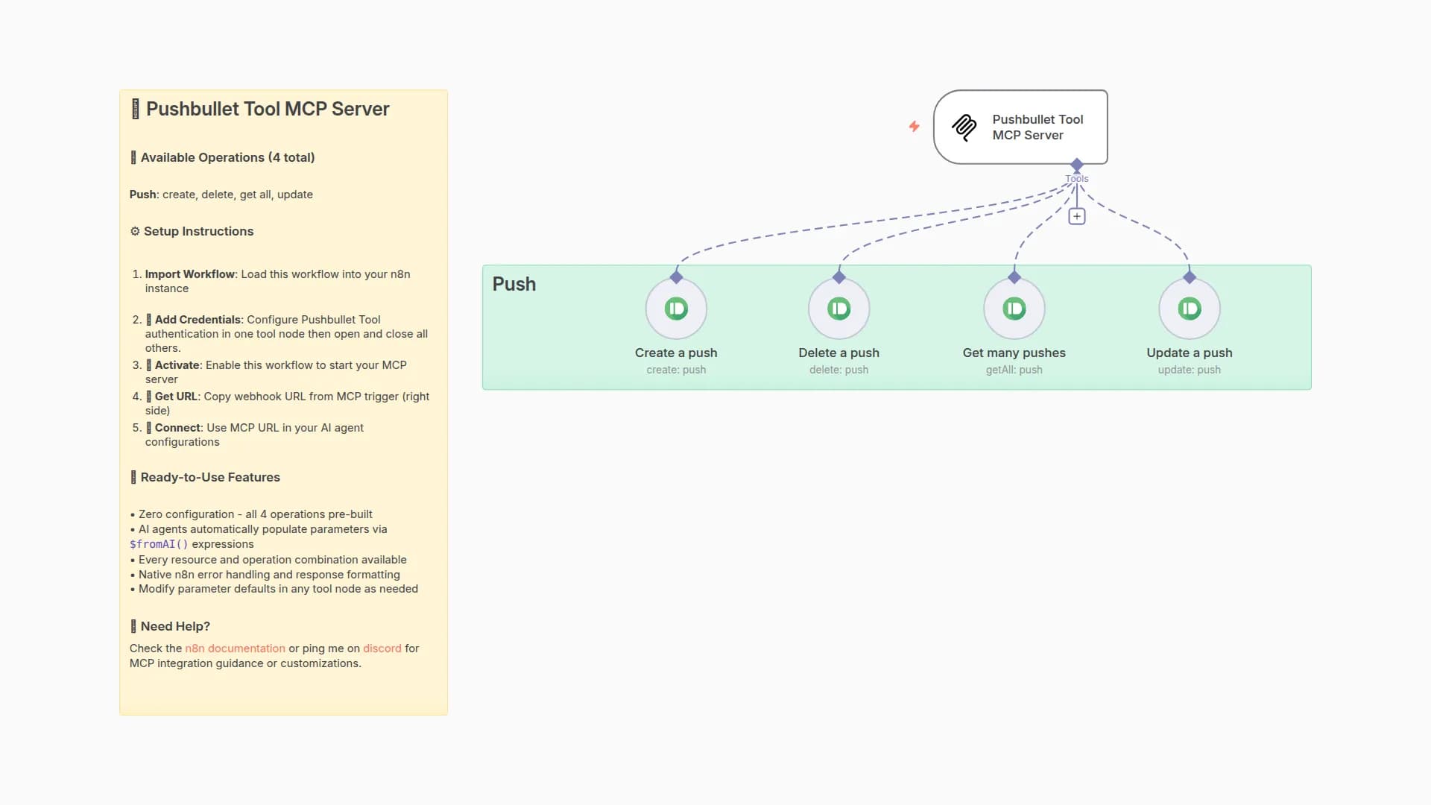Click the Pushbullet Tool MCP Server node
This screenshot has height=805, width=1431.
click(1020, 127)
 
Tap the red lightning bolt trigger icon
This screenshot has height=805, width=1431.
click(914, 127)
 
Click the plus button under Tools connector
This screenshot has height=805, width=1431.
click(1076, 216)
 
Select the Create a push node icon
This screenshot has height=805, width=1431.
click(676, 309)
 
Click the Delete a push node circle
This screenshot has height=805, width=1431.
click(838, 309)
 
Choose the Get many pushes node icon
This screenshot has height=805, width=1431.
click(1014, 309)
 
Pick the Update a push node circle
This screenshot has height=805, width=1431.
click(1189, 309)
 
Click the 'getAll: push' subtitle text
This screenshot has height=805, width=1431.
click(1014, 370)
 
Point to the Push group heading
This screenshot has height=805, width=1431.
click(514, 284)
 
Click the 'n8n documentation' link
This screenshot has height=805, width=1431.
click(235, 648)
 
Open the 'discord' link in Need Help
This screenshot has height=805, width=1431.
click(382, 648)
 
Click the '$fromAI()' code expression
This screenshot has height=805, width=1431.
click(159, 544)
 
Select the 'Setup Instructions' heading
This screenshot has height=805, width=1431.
click(198, 231)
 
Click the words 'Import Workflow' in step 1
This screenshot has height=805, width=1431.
click(189, 274)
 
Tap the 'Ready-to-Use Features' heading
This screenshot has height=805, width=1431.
click(209, 477)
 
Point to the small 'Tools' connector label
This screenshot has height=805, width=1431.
click(1076, 179)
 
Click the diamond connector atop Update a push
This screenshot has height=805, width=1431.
click(1189, 277)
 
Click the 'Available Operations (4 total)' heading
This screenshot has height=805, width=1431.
click(227, 157)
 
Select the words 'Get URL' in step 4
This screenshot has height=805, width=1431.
click(176, 397)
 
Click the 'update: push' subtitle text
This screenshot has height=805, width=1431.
click(1189, 370)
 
